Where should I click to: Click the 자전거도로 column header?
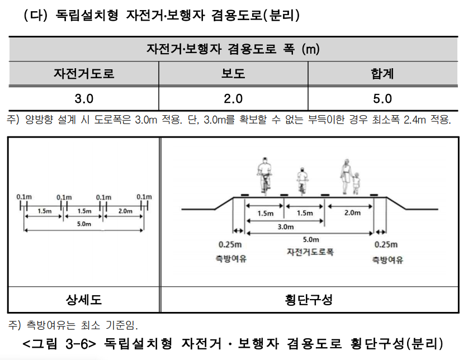coord(84,73)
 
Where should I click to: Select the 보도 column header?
coord(233,73)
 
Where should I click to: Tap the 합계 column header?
coord(382,73)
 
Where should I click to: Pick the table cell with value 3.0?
coord(84,99)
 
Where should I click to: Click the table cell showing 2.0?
coord(233,99)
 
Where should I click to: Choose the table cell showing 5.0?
coord(382,99)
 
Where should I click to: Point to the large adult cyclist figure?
coord(264,174)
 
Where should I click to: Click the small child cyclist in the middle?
coord(302,181)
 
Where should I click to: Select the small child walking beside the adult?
coord(356,183)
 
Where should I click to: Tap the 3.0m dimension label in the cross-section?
coord(285,227)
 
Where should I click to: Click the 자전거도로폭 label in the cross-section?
coord(310,252)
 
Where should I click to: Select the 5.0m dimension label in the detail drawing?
coord(83,224)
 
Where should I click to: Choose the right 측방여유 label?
coord(387,260)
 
